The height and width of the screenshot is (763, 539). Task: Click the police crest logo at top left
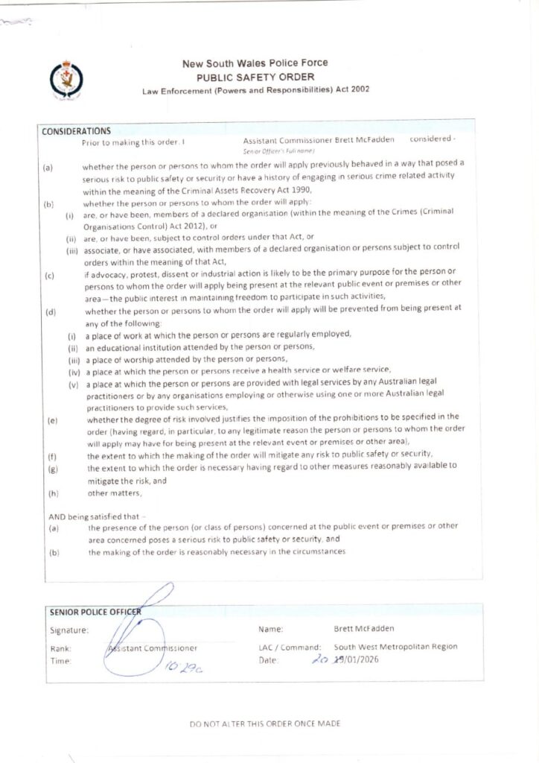(66, 80)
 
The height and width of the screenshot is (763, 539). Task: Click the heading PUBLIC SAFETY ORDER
(255, 77)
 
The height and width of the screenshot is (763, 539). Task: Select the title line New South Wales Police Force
(255, 63)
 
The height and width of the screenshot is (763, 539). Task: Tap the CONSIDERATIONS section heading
(76, 131)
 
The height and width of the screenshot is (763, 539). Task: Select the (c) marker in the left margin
(49, 276)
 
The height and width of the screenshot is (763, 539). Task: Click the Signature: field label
(69, 630)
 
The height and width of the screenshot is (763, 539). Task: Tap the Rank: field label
(60, 648)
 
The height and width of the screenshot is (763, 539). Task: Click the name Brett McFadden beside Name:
(364, 629)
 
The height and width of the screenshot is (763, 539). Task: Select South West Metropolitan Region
(395, 647)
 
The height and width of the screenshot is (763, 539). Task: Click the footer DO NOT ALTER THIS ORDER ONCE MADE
(266, 723)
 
